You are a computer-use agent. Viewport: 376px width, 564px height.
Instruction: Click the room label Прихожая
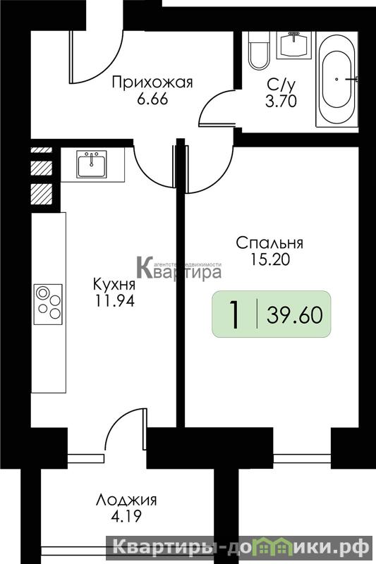152,82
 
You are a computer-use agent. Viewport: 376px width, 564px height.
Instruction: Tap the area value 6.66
152,99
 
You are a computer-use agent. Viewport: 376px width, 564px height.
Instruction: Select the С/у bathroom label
281,85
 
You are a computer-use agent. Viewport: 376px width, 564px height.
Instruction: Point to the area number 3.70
281,102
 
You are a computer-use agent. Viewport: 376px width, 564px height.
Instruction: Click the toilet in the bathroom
259,50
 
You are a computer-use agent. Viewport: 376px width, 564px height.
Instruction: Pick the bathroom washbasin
295,45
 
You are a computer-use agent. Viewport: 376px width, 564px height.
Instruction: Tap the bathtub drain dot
336,79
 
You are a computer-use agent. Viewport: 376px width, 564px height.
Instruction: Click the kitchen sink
92,164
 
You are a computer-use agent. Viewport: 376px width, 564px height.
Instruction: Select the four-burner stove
48,305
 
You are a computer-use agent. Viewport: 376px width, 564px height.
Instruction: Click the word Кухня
114,285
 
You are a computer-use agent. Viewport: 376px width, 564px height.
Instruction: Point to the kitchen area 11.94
114,301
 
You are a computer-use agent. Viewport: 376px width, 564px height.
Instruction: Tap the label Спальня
269,243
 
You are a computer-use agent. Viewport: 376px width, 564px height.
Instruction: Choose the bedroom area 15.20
269,259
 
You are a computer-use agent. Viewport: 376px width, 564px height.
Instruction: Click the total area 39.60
295,315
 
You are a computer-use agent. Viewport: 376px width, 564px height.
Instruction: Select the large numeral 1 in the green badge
235,315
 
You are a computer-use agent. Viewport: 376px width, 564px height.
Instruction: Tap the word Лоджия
126,501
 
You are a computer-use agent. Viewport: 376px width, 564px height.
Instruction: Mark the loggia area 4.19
126,517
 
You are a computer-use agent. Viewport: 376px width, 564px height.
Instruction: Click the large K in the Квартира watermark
146,267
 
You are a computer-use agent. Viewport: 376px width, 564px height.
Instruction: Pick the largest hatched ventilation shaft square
42,195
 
